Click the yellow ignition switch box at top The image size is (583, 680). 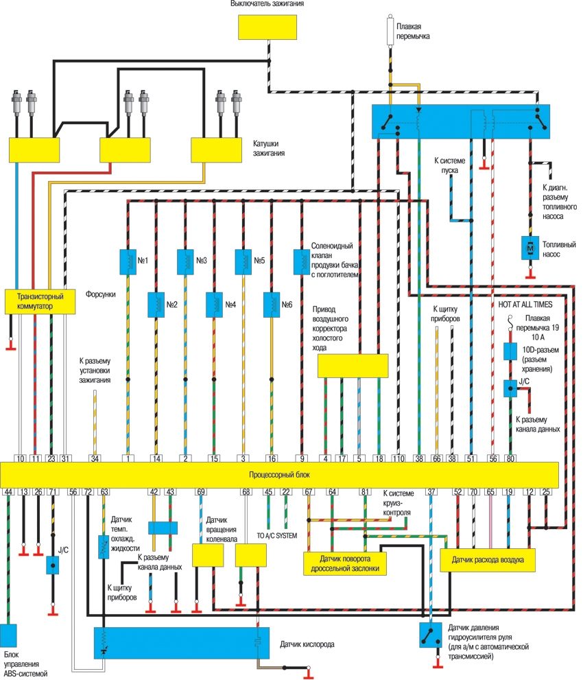click(x=267, y=27)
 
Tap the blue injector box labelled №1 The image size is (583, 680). click(x=128, y=261)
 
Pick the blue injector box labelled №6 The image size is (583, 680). click(x=273, y=302)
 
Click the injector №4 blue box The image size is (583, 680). click(x=215, y=302)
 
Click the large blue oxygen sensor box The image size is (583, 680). click(x=181, y=643)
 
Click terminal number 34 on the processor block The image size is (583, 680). click(x=95, y=458)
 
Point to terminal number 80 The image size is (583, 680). click(x=510, y=458)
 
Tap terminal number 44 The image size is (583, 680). click(x=8, y=491)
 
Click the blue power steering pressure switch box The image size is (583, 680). click(x=431, y=635)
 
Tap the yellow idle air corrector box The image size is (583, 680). click(x=353, y=366)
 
